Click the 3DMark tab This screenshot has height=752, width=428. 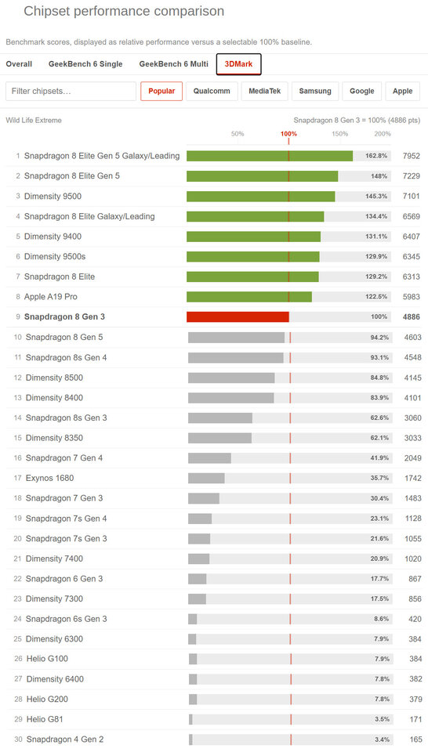tap(238, 64)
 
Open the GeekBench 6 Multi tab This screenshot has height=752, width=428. tap(174, 64)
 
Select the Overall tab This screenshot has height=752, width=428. tap(19, 64)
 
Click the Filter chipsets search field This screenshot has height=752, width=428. tap(71, 91)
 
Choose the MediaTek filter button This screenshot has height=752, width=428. tap(265, 91)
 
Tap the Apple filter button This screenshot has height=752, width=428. tap(403, 91)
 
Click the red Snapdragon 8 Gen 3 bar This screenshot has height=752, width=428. tap(238, 317)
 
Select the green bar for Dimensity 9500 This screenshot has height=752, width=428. tap(260, 196)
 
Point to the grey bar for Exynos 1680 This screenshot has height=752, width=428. tap(206, 478)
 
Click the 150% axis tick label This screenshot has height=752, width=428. tap(339, 134)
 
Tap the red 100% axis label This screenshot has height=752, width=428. tap(288, 134)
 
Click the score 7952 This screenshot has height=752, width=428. tap(412, 156)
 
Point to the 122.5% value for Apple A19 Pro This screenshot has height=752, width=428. tap(376, 297)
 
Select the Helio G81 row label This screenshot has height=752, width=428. tap(45, 719)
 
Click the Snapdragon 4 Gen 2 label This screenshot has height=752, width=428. tap(65, 739)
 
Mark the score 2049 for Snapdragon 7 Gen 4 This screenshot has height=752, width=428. tap(412, 458)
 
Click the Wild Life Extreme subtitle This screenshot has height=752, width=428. tap(34, 121)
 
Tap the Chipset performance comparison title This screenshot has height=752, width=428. tap(124, 12)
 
